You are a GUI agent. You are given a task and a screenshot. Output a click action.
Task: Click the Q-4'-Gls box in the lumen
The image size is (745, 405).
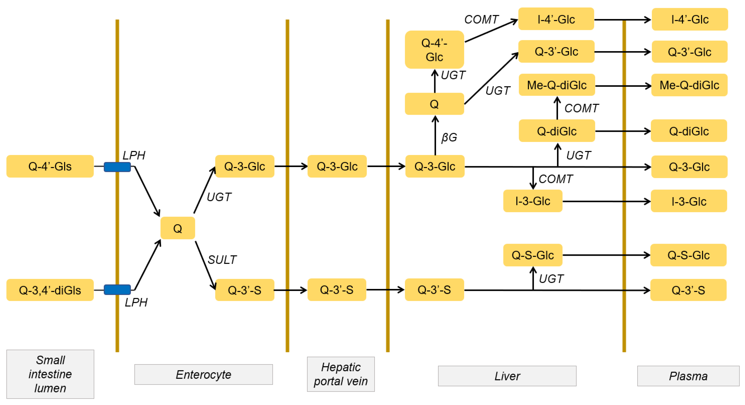pos(50,166)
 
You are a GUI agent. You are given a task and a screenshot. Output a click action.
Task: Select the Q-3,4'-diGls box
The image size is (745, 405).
pos(50,290)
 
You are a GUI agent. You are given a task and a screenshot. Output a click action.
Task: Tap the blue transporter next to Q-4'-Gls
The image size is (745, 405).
pos(117,167)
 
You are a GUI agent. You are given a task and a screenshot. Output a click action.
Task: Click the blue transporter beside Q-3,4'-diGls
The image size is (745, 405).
pos(117,290)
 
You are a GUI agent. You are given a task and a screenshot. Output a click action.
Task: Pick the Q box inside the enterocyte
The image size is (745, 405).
pos(178,228)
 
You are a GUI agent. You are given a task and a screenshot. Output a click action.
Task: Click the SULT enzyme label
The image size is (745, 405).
pos(222,260)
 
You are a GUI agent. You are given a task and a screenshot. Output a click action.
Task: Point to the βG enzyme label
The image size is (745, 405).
pos(449,137)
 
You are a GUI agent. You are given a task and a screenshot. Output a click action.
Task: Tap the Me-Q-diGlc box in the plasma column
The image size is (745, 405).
pos(689,85)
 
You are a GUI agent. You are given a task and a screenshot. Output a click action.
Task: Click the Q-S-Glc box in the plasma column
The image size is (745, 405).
pos(688,255)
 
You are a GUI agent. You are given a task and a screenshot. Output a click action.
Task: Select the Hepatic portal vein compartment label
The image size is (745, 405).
pos(341,374)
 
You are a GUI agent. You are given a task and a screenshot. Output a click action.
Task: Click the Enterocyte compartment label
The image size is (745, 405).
pos(203,375)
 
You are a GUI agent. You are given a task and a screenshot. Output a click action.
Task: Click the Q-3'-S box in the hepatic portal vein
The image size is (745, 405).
pos(337,290)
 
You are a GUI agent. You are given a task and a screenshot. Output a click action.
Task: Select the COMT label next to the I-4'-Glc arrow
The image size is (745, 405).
pos(481,19)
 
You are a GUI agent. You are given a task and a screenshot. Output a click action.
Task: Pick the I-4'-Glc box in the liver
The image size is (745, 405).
pos(556,19)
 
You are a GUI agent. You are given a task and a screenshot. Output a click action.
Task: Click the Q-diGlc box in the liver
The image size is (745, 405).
pos(556,131)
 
